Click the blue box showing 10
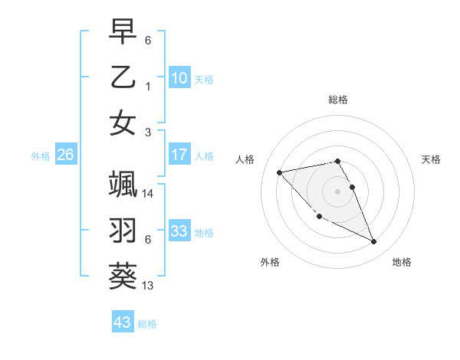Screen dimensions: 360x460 click(179, 78)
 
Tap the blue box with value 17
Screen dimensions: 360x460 click(179, 155)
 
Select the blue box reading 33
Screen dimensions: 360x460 click(179, 231)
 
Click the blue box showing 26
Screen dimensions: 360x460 click(65, 155)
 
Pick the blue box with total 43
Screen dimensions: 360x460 click(122, 322)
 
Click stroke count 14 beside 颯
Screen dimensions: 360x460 click(148, 194)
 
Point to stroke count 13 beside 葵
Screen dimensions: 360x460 click(148, 286)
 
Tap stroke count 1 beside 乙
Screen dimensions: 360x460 click(148, 87)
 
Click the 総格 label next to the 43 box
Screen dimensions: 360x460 click(147, 324)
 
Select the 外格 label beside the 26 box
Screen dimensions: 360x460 click(41, 156)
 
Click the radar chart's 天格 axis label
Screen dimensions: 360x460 click(432, 159)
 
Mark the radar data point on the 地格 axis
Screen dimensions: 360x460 click(374, 242)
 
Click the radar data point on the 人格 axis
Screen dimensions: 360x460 click(279, 172)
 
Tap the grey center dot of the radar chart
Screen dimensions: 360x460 click(337, 191)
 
